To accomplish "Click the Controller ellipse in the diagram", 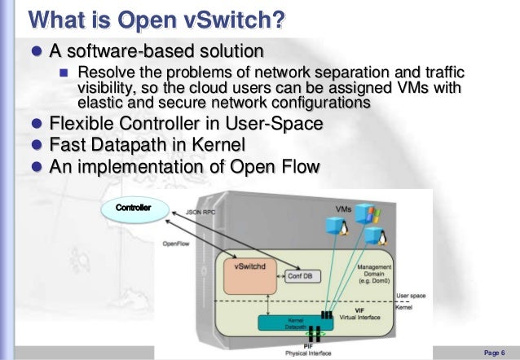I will tap(134, 208).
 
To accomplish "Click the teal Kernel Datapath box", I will tap(285, 323).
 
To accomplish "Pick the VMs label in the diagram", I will tap(343, 209).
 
